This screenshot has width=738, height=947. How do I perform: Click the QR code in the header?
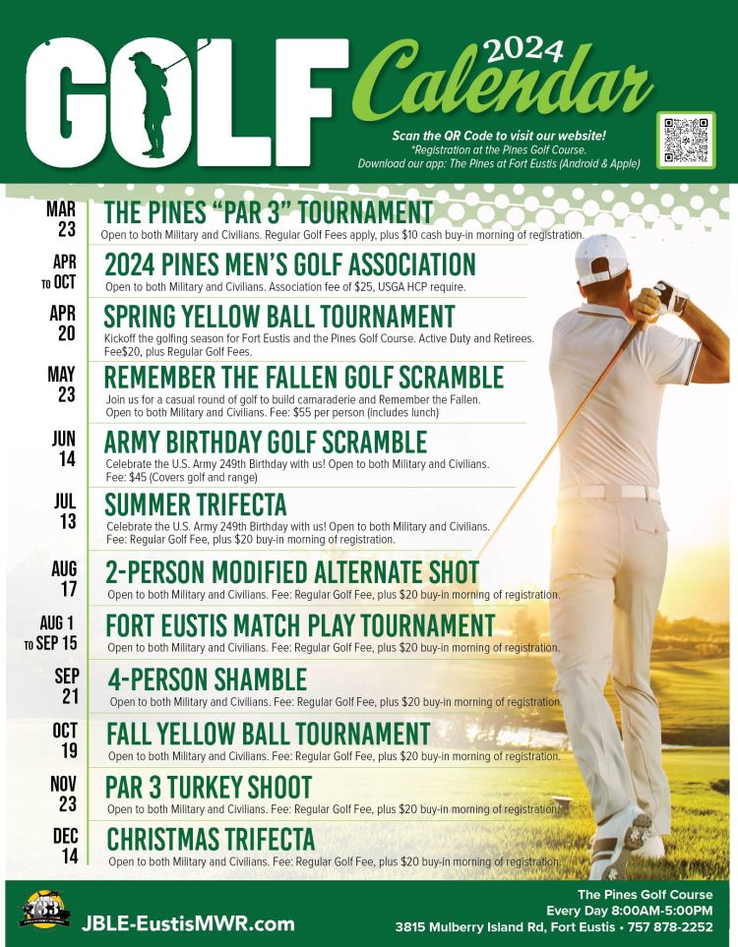click(x=686, y=140)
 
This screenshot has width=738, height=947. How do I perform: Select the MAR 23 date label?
click(x=61, y=218)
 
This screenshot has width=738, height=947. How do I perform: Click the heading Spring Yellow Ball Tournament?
click(x=279, y=317)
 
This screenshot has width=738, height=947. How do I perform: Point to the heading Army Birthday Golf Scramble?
click(x=266, y=442)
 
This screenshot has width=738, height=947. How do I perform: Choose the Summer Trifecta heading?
click(x=196, y=504)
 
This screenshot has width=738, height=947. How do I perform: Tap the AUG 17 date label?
click(x=64, y=578)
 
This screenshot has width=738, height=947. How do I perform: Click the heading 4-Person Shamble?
click(x=206, y=680)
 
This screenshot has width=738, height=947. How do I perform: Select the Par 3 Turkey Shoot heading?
click(x=209, y=788)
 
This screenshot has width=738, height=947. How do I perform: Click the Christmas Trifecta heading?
click(x=211, y=840)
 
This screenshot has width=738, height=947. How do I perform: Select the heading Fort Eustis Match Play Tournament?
click(x=300, y=625)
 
